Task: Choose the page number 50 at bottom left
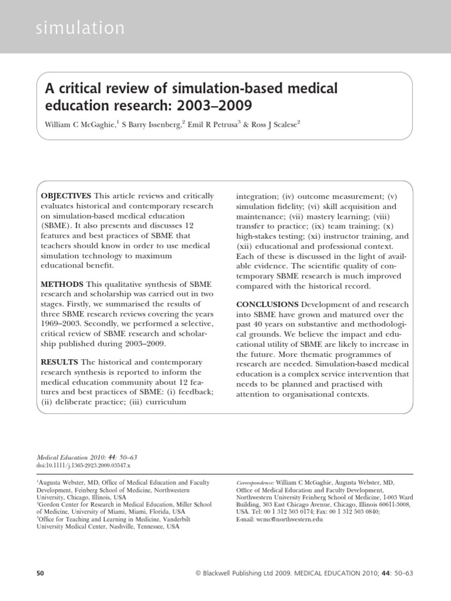point(41,573)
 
